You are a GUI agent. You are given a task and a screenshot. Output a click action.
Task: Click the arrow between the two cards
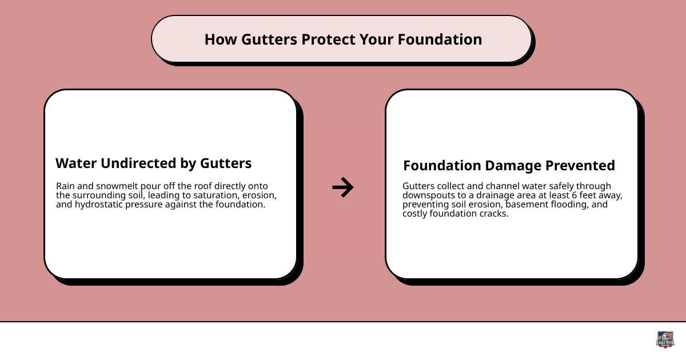343,187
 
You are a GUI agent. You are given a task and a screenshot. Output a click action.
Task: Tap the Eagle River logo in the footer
665,339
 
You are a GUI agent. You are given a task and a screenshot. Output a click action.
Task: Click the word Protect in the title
328,39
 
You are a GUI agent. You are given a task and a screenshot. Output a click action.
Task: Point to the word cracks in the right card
495,214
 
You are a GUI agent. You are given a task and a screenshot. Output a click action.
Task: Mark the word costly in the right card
416,214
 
